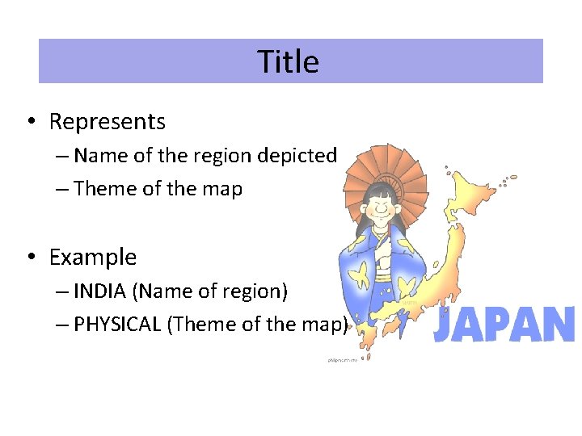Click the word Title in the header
pyautogui.click(x=289, y=61)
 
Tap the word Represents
pyautogui.click(x=107, y=122)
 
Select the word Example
pyautogui.click(x=92, y=258)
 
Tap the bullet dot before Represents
pyautogui.click(x=29, y=122)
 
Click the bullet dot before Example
pyautogui.click(x=29, y=258)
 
